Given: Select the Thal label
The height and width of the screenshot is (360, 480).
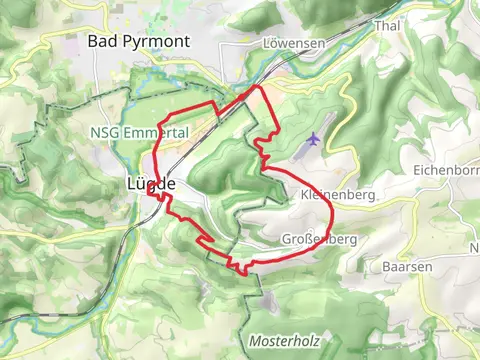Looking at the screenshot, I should [386, 26].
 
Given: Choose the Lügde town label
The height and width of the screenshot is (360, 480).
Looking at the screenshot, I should [152, 184].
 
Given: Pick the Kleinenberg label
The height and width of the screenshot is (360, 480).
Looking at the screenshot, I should [337, 195].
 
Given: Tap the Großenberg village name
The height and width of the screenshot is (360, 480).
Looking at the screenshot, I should [320, 240].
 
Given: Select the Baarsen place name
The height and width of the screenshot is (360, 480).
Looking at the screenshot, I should [405, 267].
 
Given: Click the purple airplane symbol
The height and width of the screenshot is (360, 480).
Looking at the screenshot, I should [316, 138].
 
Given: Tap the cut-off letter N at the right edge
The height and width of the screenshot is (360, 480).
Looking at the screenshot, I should [474, 248].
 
